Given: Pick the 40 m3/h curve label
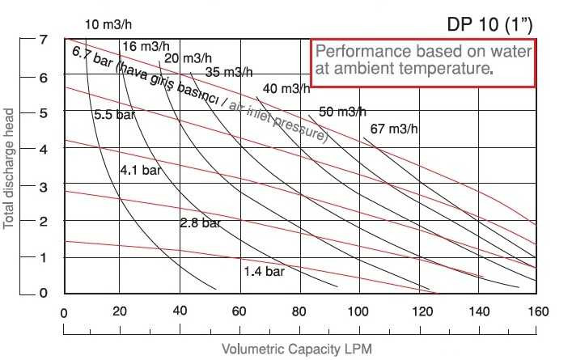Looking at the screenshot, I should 286,88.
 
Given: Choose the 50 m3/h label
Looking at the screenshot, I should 343,112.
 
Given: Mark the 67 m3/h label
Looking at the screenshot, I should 395,129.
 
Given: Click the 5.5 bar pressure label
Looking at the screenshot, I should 114,115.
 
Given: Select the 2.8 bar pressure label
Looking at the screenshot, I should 200,222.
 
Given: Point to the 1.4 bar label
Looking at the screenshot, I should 264,272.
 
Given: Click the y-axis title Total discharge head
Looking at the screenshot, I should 10,165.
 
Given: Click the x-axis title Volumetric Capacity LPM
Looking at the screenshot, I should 298,349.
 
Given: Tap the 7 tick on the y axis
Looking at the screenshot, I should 22,40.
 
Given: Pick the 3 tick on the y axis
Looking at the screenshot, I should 22,186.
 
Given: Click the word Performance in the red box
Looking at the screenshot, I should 354,53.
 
